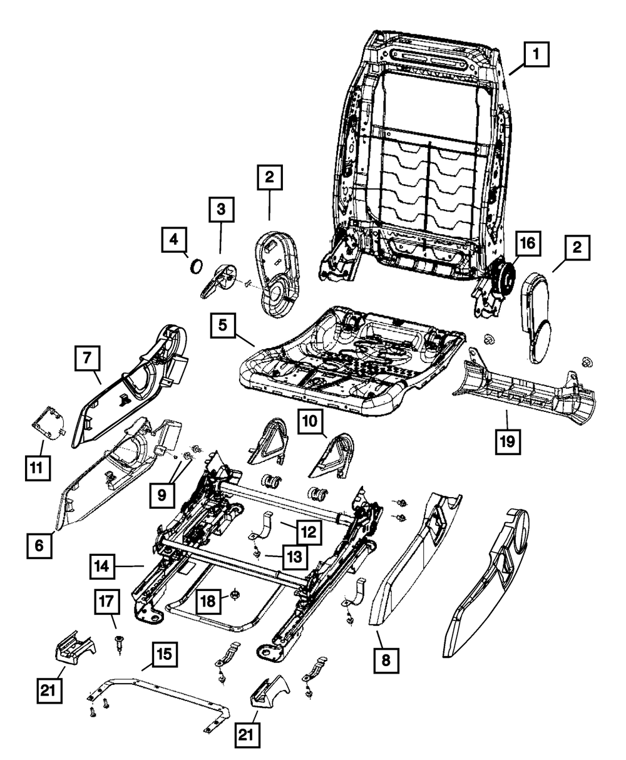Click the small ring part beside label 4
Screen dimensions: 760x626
(x=196, y=265)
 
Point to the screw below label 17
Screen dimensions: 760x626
(x=118, y=642)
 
